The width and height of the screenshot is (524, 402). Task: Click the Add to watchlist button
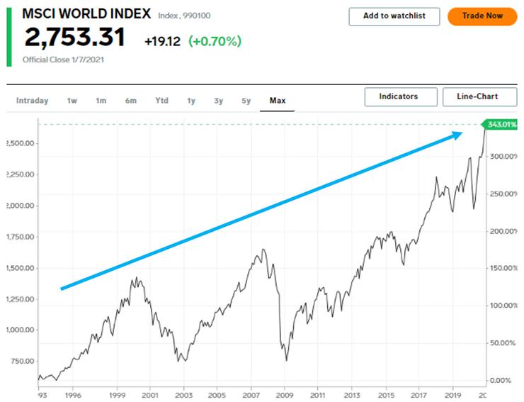pyautogui.click(x=394, y=16)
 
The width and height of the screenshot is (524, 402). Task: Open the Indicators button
pyautogui.click(x=398, y=97)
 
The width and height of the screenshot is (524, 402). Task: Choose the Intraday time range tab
pyautogui.click(x=32, y=101)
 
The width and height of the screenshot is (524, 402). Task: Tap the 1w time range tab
pyautogui.click(x=72, y=101)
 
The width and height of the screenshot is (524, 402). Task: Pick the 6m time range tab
pyautogui.click(x=131, y=101)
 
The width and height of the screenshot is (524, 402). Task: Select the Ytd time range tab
pyautogui.click(x=161, y=101)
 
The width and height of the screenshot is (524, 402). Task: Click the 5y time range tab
pyautogui.click(x=246, y=101)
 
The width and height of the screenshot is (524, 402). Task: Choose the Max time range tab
pyautogui.click(x=277, y=101)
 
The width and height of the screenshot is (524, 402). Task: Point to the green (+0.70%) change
pyautogui.click(x=215, y=41)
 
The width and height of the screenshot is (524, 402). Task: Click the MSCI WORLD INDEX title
pyautogui.click(x=86, y=13)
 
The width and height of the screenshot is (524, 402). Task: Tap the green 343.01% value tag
pyautogui.click(x=502, y=125)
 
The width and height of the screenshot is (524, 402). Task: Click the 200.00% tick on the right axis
pyautogui.click(x=504, y=231)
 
